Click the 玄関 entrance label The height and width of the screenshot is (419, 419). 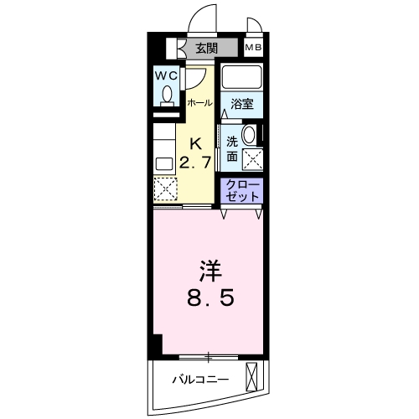(x=206, y=48)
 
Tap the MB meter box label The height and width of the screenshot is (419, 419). (x=253, y=48)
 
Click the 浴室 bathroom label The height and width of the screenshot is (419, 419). (x=243, y=104)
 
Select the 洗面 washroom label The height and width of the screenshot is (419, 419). (x=230, y=147)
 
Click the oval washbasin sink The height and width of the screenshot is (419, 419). (x=250, y=136)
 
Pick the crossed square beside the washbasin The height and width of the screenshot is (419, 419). (x=251, y=158)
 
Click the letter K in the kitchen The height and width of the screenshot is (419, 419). (x=197, y=142)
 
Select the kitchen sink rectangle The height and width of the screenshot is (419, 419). (x=163, y=161)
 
